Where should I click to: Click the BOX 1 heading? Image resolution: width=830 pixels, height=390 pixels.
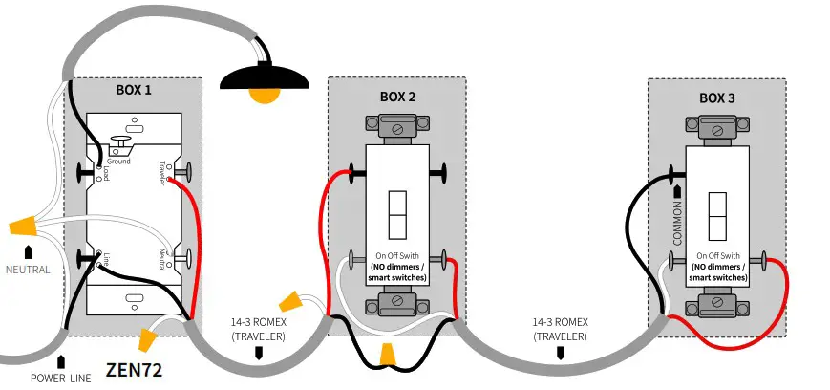point(133,89)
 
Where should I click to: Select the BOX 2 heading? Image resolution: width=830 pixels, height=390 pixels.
point(396,97)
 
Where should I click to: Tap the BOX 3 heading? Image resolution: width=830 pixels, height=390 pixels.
point(717,97)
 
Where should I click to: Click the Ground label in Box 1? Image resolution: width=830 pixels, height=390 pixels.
point(118,162)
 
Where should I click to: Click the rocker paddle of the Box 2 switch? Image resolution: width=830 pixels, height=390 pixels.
point(397,215)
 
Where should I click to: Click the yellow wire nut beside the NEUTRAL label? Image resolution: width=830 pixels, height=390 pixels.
point(27,227)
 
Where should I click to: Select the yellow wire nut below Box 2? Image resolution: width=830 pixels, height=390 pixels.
point(387,355)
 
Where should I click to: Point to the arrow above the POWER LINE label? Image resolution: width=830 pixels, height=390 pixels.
point(62,361)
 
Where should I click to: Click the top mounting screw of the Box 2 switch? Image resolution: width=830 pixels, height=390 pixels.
point(396,125)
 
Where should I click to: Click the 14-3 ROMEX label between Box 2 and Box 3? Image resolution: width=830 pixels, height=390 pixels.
point(560,330)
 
